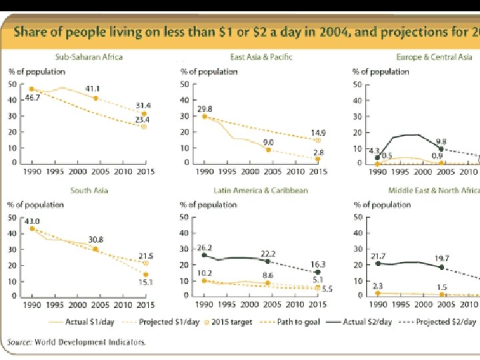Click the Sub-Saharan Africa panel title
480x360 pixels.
(89, 57)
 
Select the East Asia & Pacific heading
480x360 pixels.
(261, 57)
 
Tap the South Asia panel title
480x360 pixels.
(89, 191)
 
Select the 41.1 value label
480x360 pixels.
(93, 89)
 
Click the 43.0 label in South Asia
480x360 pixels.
(32, 221)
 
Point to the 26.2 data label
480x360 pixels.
(203, 247)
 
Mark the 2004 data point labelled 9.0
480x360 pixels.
(268, 150)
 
